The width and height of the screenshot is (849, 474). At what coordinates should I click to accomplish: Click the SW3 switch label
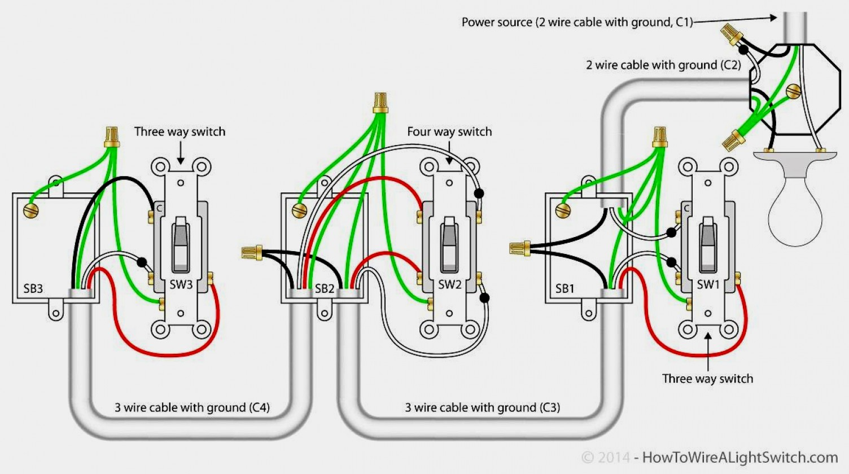tap(181, 284)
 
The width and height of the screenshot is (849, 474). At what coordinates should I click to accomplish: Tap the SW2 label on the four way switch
tap(450, 284)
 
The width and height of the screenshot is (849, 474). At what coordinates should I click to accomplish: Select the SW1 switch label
tap(708, 284)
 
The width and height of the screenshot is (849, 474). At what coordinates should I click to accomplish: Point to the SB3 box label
tap(33, 289)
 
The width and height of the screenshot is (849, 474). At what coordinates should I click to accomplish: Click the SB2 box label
tap(325, 289)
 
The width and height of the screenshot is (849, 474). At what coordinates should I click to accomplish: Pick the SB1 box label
tap(565, 289)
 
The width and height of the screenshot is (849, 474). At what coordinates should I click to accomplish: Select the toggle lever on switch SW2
tap(449, 240)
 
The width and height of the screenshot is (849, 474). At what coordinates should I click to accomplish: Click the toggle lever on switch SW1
tap(708, 240)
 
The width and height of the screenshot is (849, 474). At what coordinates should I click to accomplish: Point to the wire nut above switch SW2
tap(380, 103)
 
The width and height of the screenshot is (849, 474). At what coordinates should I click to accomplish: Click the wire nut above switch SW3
tap(112, 137)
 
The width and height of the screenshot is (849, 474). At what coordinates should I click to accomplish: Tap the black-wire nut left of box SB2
tap(252, 253)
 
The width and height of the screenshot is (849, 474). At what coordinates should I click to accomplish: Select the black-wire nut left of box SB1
tap(519, 248)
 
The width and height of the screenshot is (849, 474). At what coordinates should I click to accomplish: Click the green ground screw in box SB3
tap(31, 211)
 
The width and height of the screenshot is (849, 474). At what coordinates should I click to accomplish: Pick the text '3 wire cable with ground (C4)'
tap(192, 407)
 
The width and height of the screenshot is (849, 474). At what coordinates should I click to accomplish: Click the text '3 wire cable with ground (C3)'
tap(482, 407)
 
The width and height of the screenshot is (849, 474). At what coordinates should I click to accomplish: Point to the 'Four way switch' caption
tap(449, 131)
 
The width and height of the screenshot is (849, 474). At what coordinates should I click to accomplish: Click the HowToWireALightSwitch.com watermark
tap(739, 458)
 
